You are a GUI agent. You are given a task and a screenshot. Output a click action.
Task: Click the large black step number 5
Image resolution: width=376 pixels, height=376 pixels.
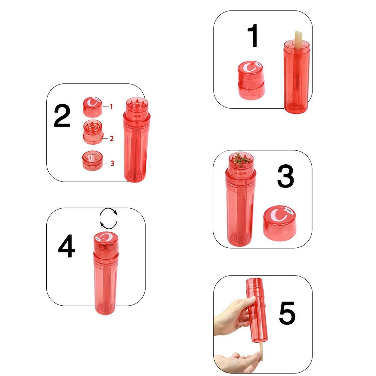click(x=287, y=313)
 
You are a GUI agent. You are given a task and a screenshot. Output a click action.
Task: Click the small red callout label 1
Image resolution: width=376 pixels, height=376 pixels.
click(x=111, y=107)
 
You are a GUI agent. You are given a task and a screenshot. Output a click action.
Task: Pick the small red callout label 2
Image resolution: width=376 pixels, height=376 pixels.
click(x=112, y=139)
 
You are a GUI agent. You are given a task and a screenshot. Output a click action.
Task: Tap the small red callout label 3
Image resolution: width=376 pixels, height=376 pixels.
click(x=112, y=163)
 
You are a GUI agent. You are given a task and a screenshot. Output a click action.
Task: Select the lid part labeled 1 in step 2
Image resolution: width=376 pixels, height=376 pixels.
click(x=92, y=107)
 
